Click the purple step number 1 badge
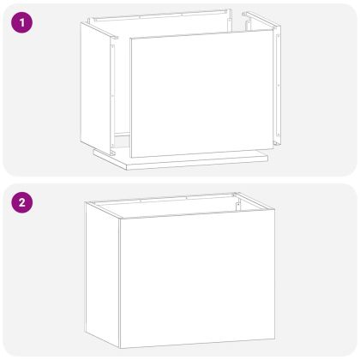click(19, 20)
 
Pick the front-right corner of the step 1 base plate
click(267, 158)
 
